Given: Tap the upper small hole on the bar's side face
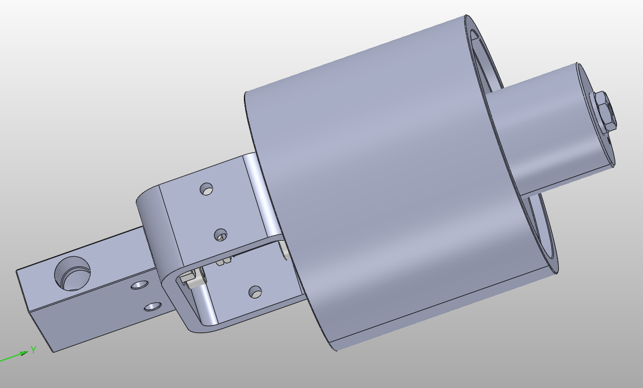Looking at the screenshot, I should coord(138,285).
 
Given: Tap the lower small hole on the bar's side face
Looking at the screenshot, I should coord(152,306).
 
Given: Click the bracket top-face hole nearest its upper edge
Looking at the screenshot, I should coord(208,189).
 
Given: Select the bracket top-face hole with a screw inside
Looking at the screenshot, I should coord(221,234).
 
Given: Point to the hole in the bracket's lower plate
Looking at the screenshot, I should coord(256,292).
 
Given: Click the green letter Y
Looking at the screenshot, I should coord(33,349).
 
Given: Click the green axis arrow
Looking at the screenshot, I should coord(14,356).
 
